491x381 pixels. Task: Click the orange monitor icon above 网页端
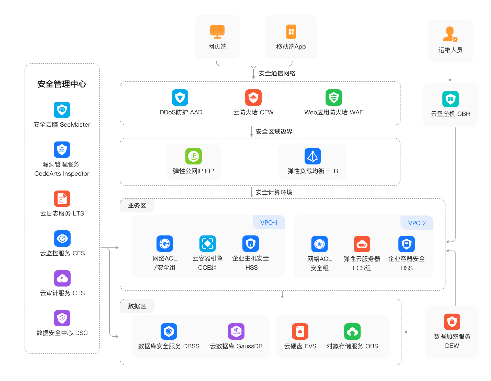(217, 32)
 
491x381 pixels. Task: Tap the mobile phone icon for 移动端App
(291, 32)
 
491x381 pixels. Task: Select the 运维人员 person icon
(450, 34)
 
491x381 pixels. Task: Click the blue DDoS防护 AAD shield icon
(180, 98)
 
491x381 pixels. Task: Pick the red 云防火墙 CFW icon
(253, 98)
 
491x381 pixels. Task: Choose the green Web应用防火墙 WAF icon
(334, 98)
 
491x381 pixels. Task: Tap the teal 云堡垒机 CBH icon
(451, 99)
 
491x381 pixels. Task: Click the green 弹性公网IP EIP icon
(194, 156)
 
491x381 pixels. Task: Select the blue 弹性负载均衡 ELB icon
(313, 156)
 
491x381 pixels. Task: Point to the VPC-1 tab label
(269, 222)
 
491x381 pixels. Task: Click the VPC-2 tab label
(417, 223)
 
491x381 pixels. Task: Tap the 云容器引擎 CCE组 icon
(208, 244)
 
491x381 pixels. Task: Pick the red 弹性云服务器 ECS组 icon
(362, 244)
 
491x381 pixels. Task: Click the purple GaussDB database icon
(236, 331)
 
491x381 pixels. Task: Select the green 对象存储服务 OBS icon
(352, 331)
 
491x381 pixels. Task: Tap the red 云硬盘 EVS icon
(300, 331)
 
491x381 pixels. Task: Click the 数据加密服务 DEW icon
(452, 322)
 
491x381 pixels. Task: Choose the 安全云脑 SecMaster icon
(62, 110)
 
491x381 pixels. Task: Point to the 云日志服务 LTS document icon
(62, 199)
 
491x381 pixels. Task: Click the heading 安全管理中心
(62, 84)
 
